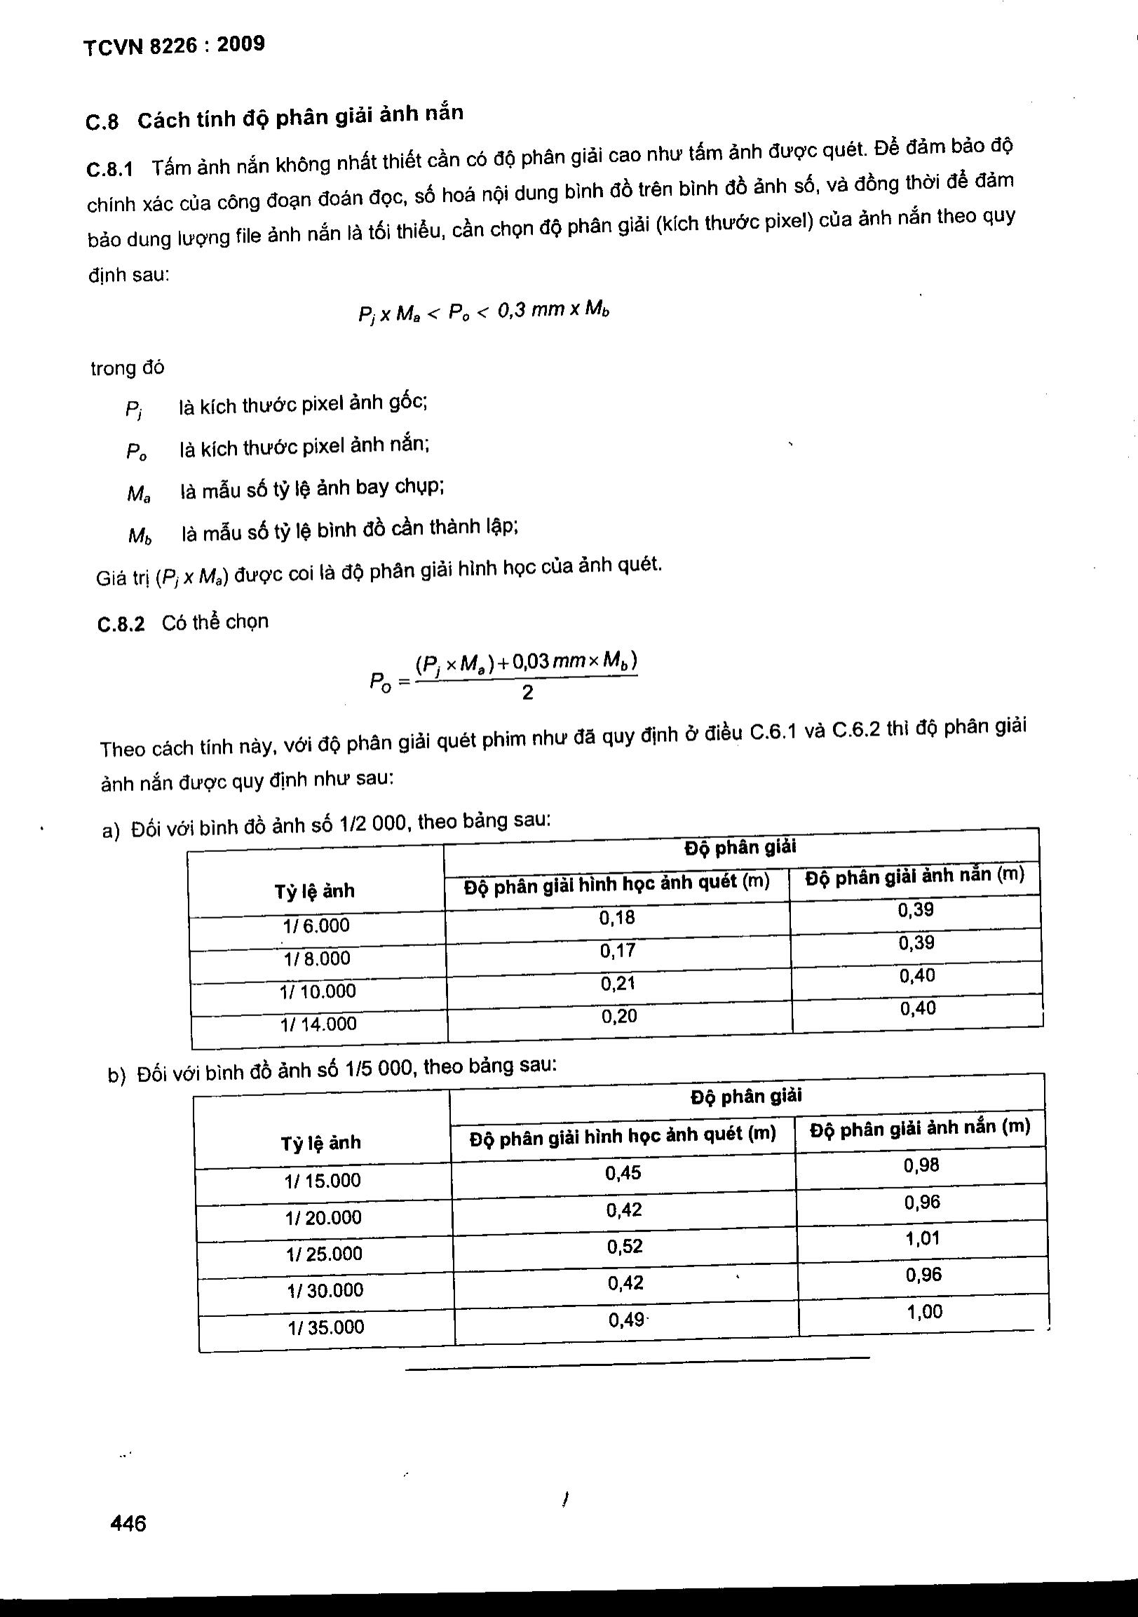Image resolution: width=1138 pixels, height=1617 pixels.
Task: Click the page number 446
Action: coord(128,1523)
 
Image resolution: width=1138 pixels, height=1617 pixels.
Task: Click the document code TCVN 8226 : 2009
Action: coord(174,46)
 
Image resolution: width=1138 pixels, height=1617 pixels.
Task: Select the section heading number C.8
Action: coord(102,123)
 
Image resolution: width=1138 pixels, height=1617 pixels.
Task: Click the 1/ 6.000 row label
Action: coord(316,926)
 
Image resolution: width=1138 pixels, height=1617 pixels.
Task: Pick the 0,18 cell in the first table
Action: coord(617,918)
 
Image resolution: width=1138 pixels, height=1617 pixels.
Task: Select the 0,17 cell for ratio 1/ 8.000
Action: coord(618,951)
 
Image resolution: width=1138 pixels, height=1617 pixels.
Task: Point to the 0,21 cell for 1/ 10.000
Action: coord(618,983)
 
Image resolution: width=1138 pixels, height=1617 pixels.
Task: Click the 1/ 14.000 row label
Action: coord(318,1024)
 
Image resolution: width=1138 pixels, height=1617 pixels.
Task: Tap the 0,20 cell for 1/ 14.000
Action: coord(619,1015)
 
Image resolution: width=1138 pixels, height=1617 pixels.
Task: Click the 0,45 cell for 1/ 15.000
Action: coord(623,1172)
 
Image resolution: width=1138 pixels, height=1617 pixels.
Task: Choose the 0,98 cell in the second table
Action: coord(921,1165)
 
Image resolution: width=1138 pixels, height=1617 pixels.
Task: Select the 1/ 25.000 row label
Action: coord(324,1254)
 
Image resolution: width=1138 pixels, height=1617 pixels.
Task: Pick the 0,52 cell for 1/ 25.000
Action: coord(625,1246)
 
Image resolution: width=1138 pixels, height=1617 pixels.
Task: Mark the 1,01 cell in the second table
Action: coord(923,1238)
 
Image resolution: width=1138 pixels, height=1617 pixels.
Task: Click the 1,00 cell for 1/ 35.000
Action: coord(924,1311)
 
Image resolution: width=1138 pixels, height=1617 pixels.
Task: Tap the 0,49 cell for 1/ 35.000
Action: coord(626,1319)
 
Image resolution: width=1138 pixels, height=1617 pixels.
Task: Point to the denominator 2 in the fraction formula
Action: coord(527,693)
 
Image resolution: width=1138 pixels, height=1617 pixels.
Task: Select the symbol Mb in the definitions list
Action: coord(140,536)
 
